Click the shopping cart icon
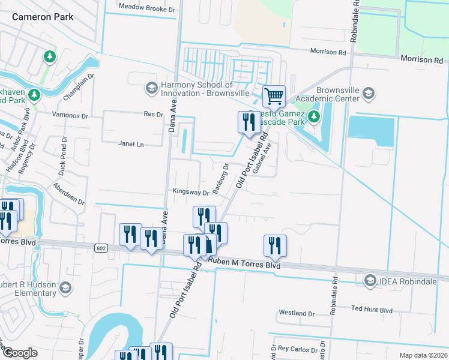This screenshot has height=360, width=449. point(274,95)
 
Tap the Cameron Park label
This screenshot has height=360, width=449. point(43,17)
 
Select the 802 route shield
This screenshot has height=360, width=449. point(100,247)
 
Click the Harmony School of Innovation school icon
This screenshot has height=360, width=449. point(151,89)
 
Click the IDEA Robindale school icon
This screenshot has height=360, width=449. point(370,280)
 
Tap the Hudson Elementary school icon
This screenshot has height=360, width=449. point(64,290)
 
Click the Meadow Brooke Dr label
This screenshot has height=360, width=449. point(146,9)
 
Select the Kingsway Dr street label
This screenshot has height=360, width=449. point(190,193)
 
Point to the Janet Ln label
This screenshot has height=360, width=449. point(132,144)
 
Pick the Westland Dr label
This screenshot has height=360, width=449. point(297,313)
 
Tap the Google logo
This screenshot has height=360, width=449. point(19,353)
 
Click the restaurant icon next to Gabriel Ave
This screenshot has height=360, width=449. point(248,122)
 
